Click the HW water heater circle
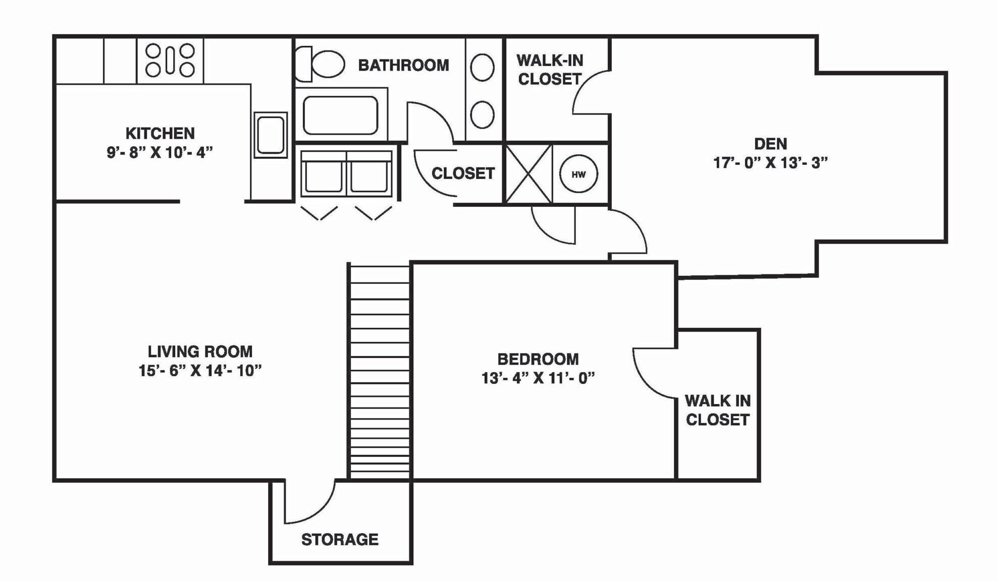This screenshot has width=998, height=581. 579,174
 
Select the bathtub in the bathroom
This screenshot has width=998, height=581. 341,115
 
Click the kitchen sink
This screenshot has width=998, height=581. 271,135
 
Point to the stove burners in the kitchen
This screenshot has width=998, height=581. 170,60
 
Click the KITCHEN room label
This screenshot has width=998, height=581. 160,133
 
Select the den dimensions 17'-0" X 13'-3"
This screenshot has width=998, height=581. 770,163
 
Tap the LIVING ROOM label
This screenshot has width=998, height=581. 200,352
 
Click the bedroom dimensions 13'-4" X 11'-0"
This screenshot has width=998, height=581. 538,378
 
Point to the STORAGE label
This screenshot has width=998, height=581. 340,540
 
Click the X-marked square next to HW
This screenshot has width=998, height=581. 529,174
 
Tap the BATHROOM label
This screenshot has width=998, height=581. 403,65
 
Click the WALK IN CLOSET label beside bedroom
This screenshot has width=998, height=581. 717,410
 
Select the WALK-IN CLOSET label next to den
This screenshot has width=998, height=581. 550,70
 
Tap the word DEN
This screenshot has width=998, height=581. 770,144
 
